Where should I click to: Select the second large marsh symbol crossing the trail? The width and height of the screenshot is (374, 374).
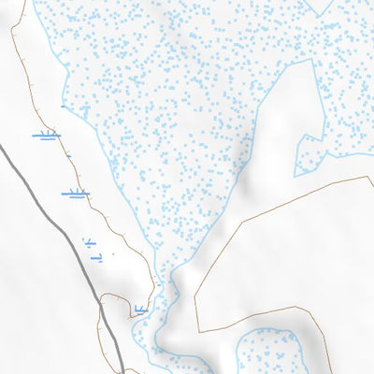click(x=75, y=194)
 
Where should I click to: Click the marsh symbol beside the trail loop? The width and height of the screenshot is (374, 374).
click(x=141, y=309)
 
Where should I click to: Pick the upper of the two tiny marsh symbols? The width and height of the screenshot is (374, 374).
click(x=91, y=242)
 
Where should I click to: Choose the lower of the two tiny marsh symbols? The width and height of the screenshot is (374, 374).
click(x=96, y=256)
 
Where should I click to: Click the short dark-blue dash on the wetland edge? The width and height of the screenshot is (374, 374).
click(x=63, y=107)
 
